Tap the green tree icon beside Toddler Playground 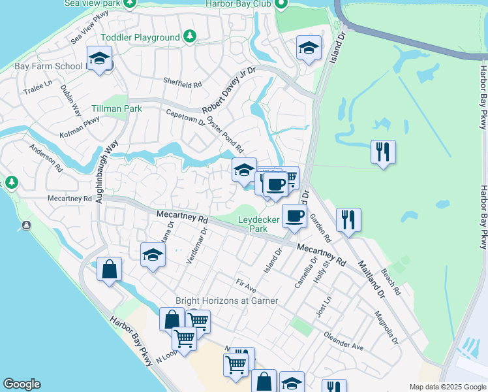pos(189,36)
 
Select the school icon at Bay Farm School pos(99,59)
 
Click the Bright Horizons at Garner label pos(227,301)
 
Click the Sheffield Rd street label pos(183,84)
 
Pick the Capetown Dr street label pos(185,117)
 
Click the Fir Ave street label pos(246,284)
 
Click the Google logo pos(22,384)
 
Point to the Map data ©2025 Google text pos(447,387)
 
